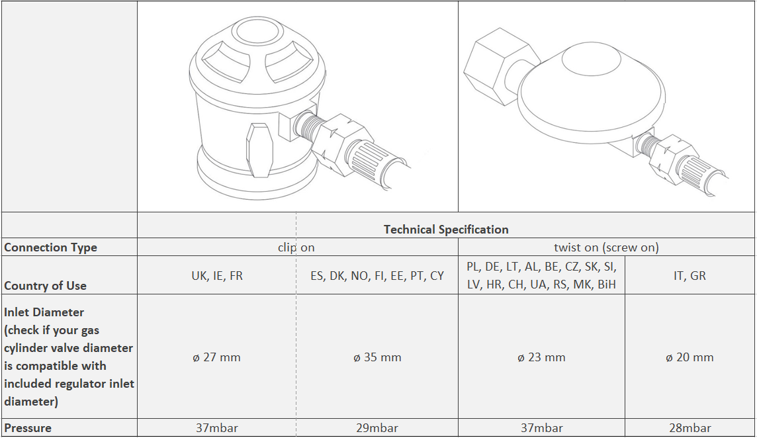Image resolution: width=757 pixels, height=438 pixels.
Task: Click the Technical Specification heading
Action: click(446, 230)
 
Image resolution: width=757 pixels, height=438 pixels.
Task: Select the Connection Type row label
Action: click(51, 247)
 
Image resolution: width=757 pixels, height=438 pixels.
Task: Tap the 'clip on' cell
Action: click(296, 247)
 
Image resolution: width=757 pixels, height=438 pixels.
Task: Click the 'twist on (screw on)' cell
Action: click(606, 247)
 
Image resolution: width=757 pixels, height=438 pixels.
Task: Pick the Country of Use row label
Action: click(46, 285)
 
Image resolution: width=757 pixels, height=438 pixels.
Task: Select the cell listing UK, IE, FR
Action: click(217, 276)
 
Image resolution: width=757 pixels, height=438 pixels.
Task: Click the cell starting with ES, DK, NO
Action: click(377, 276)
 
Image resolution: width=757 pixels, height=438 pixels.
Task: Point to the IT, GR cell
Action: click(690, 276)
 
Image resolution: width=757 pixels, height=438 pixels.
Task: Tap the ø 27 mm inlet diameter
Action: click(217, 357)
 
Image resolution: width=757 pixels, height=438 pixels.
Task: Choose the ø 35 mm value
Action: click(378, 357)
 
